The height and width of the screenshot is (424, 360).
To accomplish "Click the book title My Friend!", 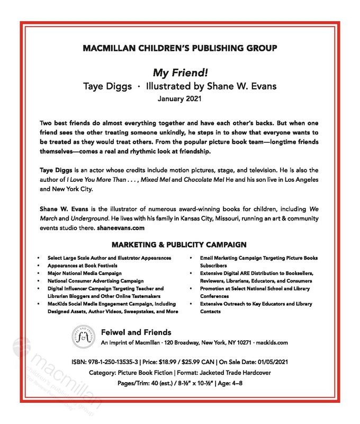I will coord(179,73).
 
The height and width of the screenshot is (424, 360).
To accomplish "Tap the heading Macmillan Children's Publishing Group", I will coord(179,49).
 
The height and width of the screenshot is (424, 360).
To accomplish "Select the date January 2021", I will coord(179,98).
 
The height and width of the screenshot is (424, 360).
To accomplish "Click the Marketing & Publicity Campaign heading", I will coord(179,245).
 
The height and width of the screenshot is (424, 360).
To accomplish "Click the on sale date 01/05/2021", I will coord(292,361).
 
